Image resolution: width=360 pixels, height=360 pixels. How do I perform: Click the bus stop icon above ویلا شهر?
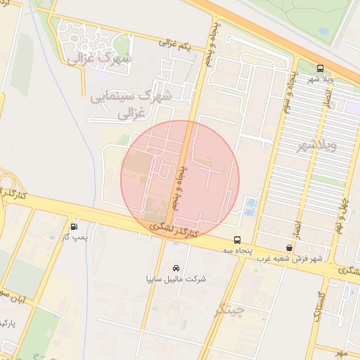pos(321,68)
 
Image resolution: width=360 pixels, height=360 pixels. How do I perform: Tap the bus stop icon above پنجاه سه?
pos(237,239)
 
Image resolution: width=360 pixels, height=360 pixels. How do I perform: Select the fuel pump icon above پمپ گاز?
pos(74,226)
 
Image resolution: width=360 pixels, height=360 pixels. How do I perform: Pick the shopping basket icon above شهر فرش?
pos(290,247)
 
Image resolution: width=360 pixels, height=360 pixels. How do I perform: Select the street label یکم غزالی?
pos(174,44)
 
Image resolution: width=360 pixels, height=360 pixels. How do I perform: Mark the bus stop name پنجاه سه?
pos(238,250)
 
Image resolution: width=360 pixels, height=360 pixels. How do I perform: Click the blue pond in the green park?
pos(324,32)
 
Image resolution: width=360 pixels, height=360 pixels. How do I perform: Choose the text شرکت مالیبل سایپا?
pos(176,279)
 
